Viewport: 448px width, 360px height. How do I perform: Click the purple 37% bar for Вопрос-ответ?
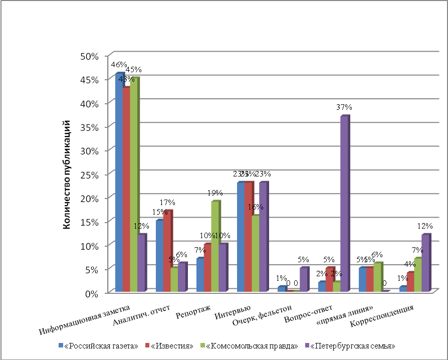(x=344, y=203)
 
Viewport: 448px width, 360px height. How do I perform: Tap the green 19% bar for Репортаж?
(x=215, y=246)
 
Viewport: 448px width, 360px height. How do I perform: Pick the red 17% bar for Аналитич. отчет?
(x=167, y=251)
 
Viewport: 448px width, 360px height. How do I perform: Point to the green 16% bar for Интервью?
(x=256, y=253)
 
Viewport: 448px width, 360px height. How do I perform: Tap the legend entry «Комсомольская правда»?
(x=252, y=346)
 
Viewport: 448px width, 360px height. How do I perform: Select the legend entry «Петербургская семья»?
(x=352, y=346)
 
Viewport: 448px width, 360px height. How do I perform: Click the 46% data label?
(x=119, y=65)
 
